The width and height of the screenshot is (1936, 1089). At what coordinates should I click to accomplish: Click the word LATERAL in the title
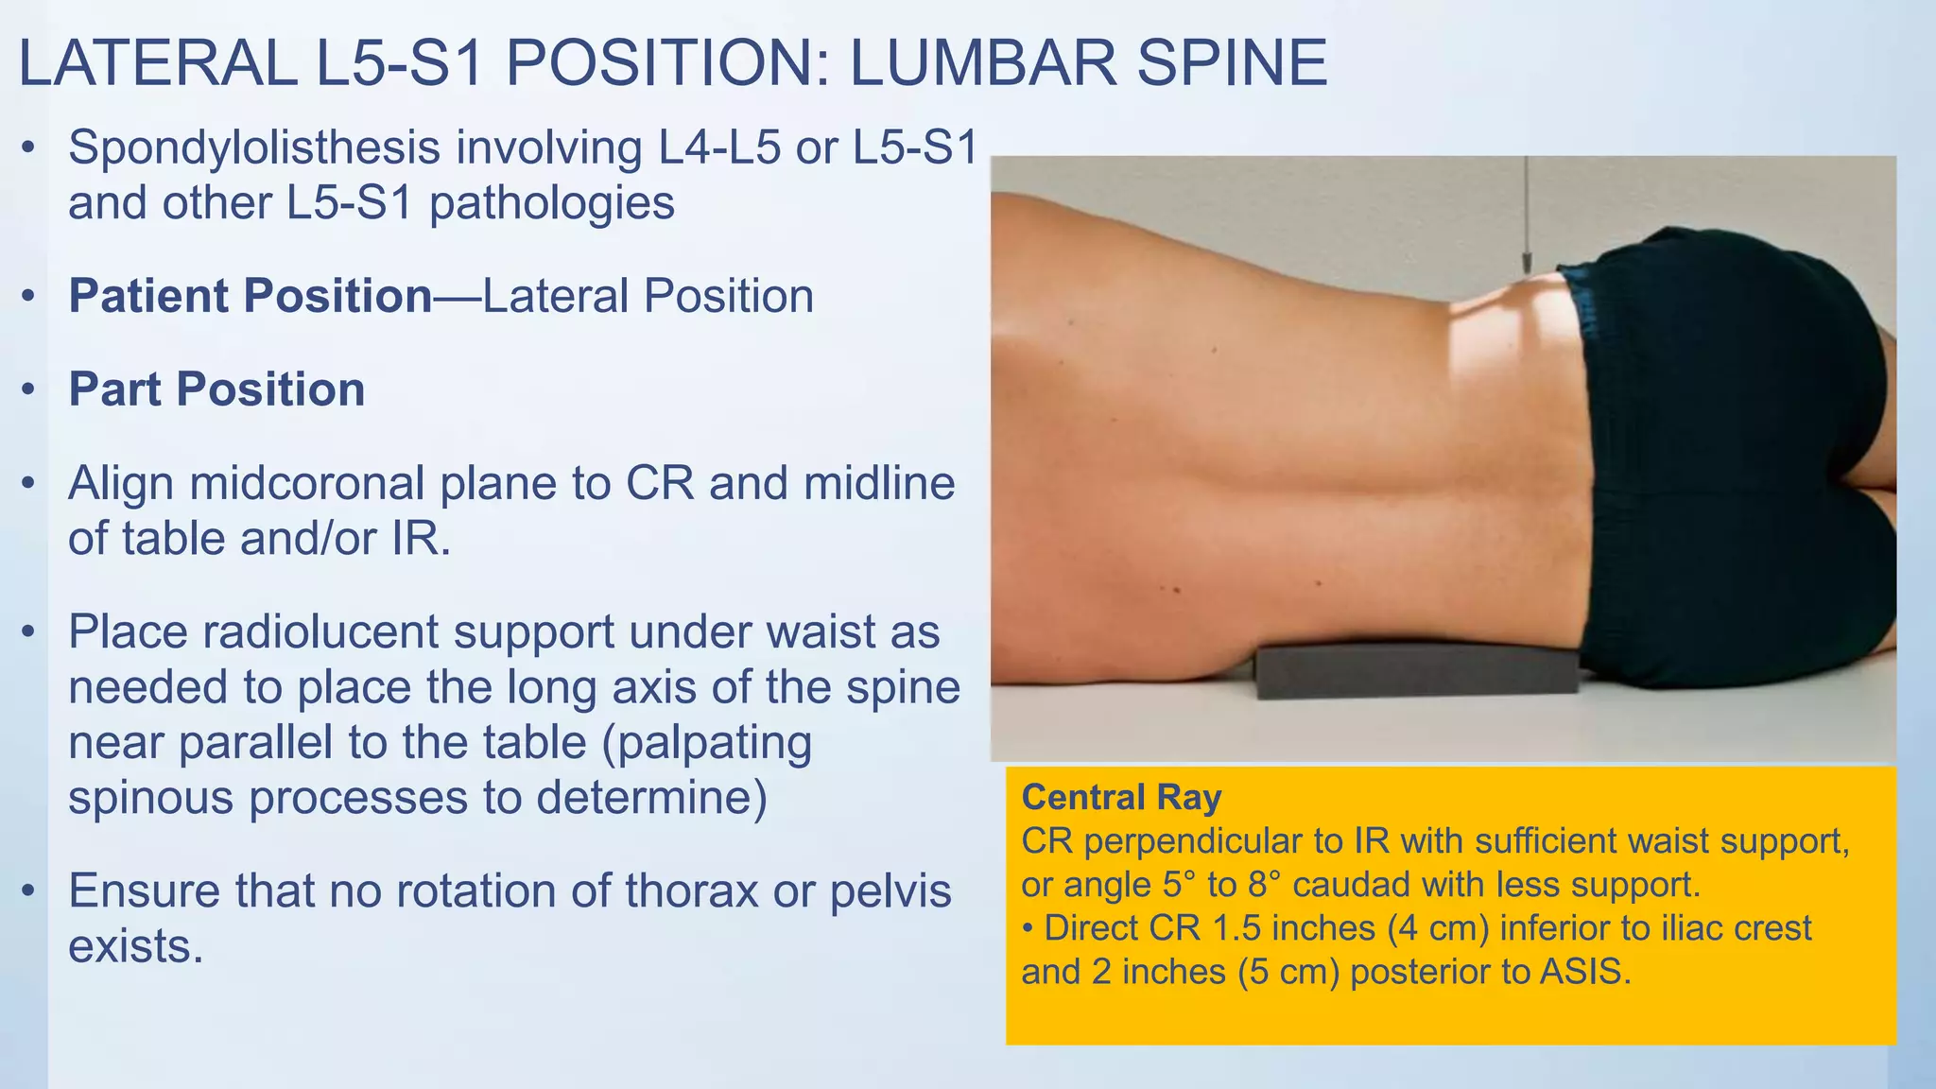[157, 64]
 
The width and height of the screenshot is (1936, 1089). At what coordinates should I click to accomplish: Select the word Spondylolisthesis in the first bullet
[254, 148]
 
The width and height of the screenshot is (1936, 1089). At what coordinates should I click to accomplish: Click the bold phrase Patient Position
[251, 296]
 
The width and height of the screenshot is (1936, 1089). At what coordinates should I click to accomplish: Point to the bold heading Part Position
[216, 389]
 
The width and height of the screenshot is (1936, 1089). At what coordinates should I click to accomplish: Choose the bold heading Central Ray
[1121, 798]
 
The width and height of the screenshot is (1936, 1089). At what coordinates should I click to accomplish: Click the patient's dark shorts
[1730, 454]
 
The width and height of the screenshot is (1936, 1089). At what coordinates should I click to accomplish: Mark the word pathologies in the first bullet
[552, 203]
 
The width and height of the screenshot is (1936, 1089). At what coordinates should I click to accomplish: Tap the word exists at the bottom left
[135, 946]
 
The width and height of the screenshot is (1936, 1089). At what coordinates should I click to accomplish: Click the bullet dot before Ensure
[29, 890]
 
